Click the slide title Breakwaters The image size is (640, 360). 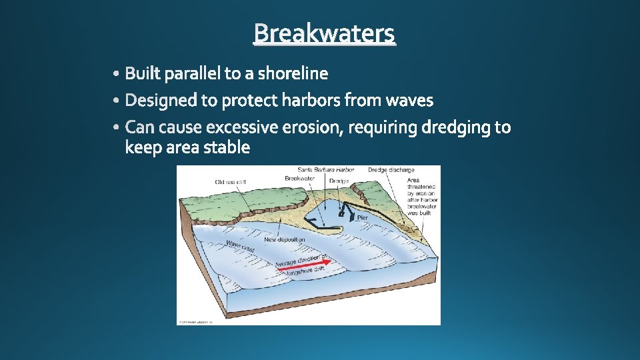click(x=324, y=33)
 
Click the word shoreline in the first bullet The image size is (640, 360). click(x=293, y=73)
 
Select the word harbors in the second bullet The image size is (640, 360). click(x=311, y=101)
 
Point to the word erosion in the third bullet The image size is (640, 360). click(x=310, y=127)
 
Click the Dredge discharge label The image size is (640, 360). click(x=391, y=171)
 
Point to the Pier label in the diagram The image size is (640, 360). click(x=362, y=218)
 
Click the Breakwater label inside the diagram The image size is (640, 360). click(x=299, y=179)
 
